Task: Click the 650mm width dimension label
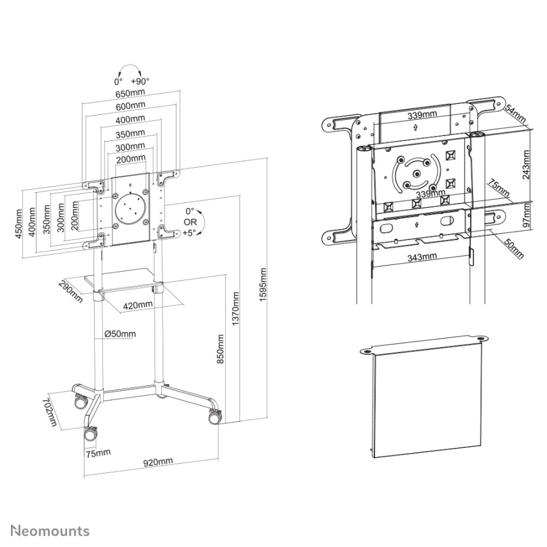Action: click(130, 94)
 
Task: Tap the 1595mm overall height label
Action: click(263, 284)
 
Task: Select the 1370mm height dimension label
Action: click(235, 309)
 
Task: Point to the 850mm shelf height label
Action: click(221, 349)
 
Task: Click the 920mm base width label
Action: click(158, 462)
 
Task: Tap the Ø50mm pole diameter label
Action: click(120, 334)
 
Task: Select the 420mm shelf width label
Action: click(138, 305)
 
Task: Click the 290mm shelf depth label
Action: click(71, 291)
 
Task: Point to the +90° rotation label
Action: click(140, 81)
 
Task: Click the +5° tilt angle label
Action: click(190, 233)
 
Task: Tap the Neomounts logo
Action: click(50, 531)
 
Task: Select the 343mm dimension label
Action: click(422, 258)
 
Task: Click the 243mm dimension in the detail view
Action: click(526, 165)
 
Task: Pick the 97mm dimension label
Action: click(526, 215)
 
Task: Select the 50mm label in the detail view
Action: click(514, 249)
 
